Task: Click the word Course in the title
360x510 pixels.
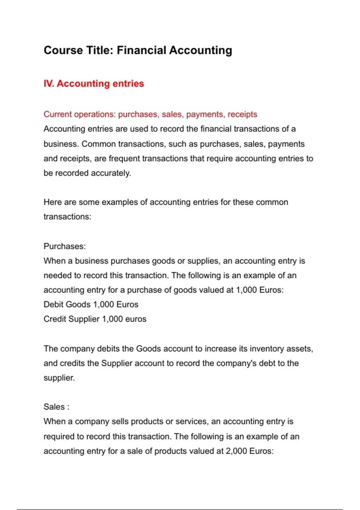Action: pos(63,50)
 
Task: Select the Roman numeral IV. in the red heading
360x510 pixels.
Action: pos(49,83)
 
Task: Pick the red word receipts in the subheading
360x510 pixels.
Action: pos(242,114)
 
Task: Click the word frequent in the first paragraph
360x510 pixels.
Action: pos(124,158)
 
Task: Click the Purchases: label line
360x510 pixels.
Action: pos(64,246)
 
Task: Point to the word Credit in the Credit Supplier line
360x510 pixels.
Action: pos(55,319)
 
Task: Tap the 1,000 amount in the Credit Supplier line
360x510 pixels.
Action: pos(112,319)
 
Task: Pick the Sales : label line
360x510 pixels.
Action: pos(56,407)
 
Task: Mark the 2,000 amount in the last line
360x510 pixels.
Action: pos(236,451)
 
